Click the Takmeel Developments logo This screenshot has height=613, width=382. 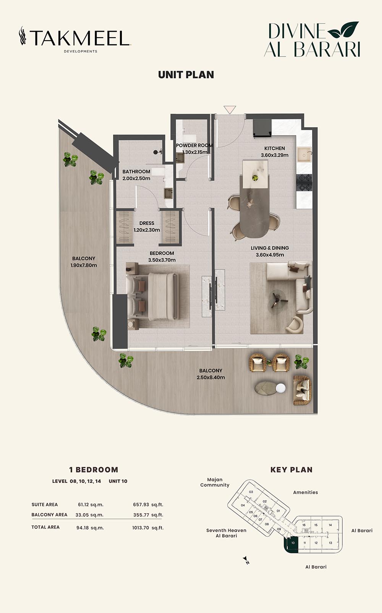tap(75, 39)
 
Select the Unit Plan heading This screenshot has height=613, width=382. tap(186, 75)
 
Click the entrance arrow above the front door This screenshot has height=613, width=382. tap(230, 110)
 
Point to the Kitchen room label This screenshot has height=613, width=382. tap(274, 148)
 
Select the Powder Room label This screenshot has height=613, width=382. tap(194, 145)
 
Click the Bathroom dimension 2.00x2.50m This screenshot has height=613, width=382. tap(136, 178)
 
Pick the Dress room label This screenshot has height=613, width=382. tap(147, 223)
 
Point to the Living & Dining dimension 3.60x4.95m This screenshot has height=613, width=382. tap(270, 255)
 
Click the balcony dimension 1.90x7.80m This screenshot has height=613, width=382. tap(84, 265)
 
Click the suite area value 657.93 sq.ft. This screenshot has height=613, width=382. tap(148, 505)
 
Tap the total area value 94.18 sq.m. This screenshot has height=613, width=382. tap(90, 528)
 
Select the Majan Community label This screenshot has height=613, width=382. tap(215, 482)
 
